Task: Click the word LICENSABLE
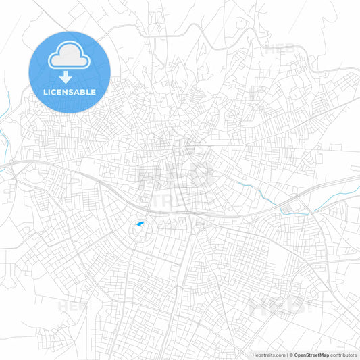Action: (x=70, y=91)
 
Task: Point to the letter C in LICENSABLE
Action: (x=56, y=91)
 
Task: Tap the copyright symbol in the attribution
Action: (x=290, y=354)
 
